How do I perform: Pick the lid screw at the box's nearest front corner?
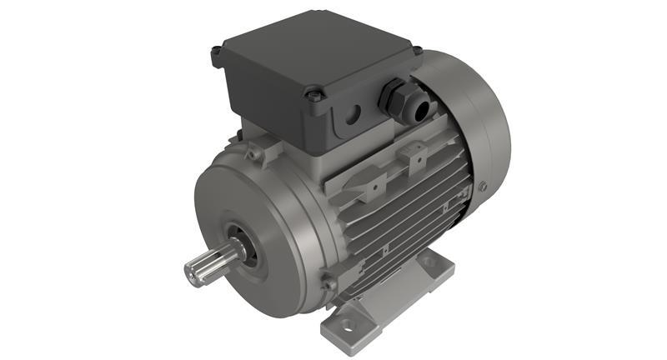(x=314, y=96)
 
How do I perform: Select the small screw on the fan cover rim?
(x=482, y=187)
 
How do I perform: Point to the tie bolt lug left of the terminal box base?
(x=253, y=153)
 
